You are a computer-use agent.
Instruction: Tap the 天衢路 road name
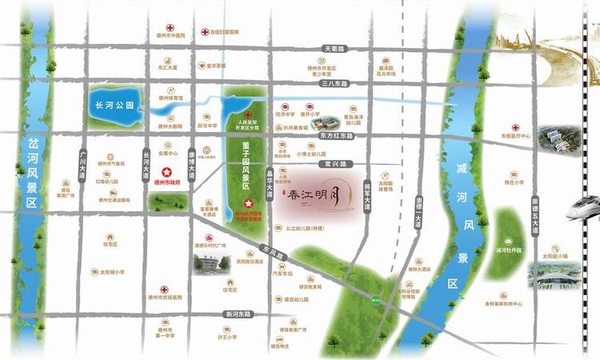click(333, 49)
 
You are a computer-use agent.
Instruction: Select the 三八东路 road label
click(332, 82)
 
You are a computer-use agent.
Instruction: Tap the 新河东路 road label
click(239, 313)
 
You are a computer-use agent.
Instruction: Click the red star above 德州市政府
click(167, 172)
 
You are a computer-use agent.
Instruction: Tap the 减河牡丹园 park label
click(509, 250)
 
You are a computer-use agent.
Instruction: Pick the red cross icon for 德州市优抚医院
click(164, 289)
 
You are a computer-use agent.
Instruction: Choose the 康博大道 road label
click(191, 165)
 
